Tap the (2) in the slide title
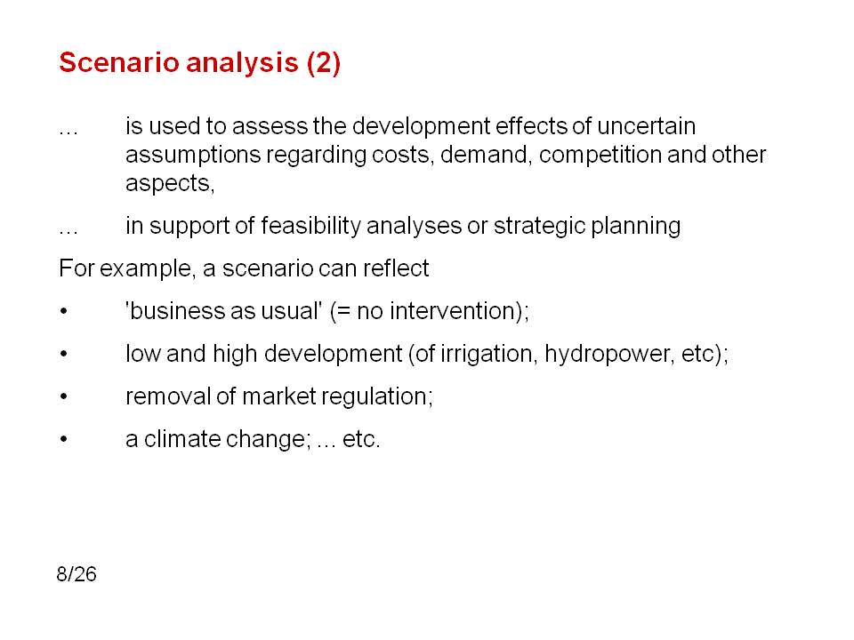tap(324, 63)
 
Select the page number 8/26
tap(77, 574)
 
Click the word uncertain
tap(646, 126)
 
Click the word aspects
tap(170, 184)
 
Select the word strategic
tap(539, 226)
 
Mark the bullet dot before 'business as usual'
tap(64, 311)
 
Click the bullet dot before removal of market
tap(64, 396)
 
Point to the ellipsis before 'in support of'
tap(68, 233)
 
